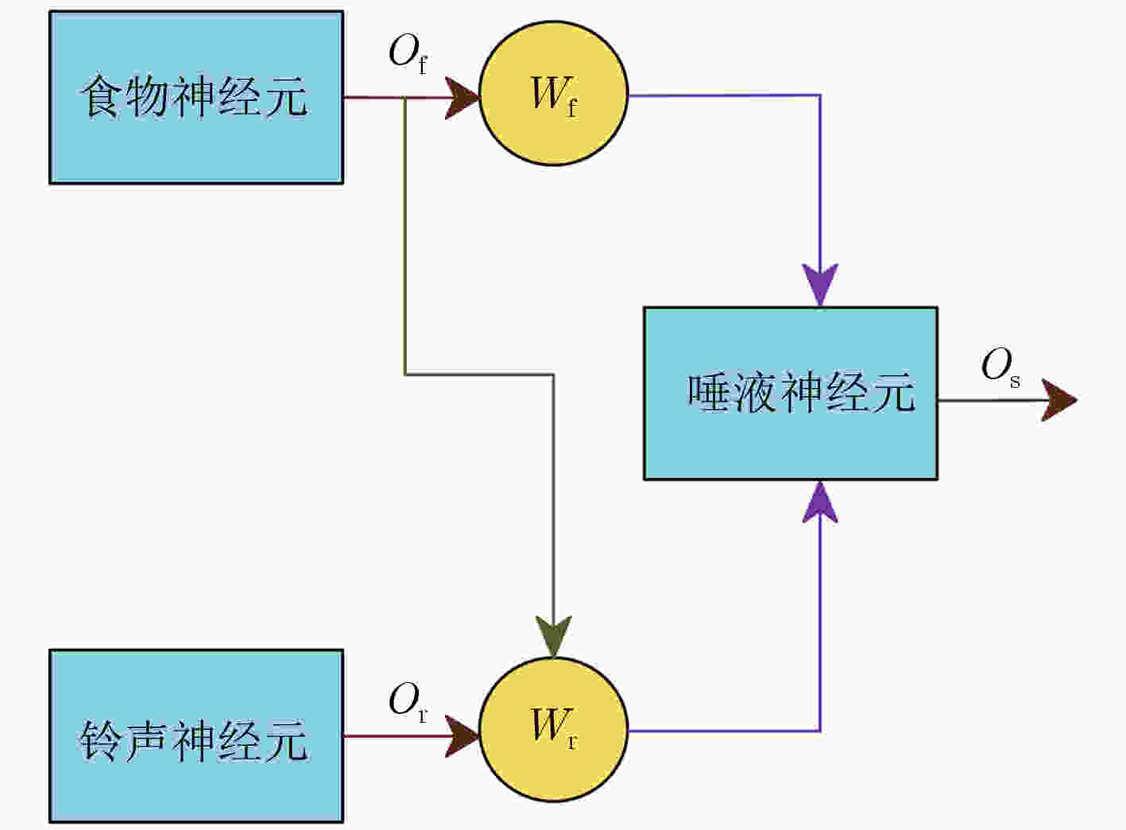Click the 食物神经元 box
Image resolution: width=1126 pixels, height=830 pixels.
[196, 98]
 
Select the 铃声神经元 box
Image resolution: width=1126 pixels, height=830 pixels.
[196, 736]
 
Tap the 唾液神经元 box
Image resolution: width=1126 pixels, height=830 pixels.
[791, 394]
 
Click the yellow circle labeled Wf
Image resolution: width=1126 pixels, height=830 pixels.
[553, 94]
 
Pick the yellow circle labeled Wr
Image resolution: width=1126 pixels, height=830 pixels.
[553, 730]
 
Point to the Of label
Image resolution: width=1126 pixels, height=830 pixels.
[408, 54]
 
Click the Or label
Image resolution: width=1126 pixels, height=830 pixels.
[408, 701]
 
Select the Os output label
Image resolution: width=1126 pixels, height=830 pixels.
[1000, 367]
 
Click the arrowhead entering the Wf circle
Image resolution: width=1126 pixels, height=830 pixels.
[462, 98]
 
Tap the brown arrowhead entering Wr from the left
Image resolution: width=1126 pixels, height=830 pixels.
[462, 736]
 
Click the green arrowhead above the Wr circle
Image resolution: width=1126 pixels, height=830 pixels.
[553, 636]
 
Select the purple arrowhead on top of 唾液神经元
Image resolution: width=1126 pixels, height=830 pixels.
[820, 285]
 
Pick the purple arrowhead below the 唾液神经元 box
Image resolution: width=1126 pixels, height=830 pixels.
[820, 502]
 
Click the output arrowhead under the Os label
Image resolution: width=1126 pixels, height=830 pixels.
[1059, 401]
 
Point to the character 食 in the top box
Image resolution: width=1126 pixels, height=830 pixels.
[101, 96]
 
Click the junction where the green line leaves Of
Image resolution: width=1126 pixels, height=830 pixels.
[404, 98]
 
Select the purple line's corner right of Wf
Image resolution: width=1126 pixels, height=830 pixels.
[820, 95]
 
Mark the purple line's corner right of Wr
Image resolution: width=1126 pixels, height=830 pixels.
[820, 731]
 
